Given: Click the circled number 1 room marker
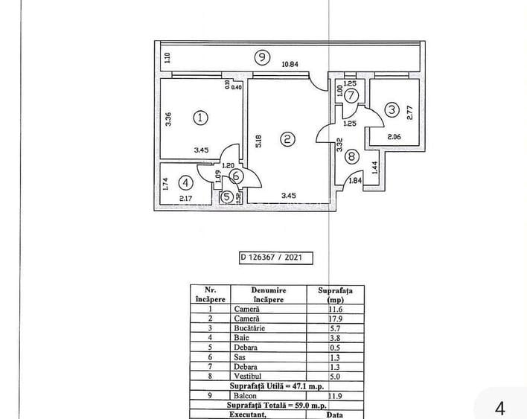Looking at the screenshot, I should click(x=199, y=117).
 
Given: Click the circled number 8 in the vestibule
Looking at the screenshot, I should click(x=351, y=157).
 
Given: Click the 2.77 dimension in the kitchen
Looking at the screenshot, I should click(x=409, y=112).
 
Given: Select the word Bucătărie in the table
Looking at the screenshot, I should click(x=247, y=327).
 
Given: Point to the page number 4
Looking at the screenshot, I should click(x=499, y=407).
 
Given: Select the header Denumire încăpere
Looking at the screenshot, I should click(x=268, y=295).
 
